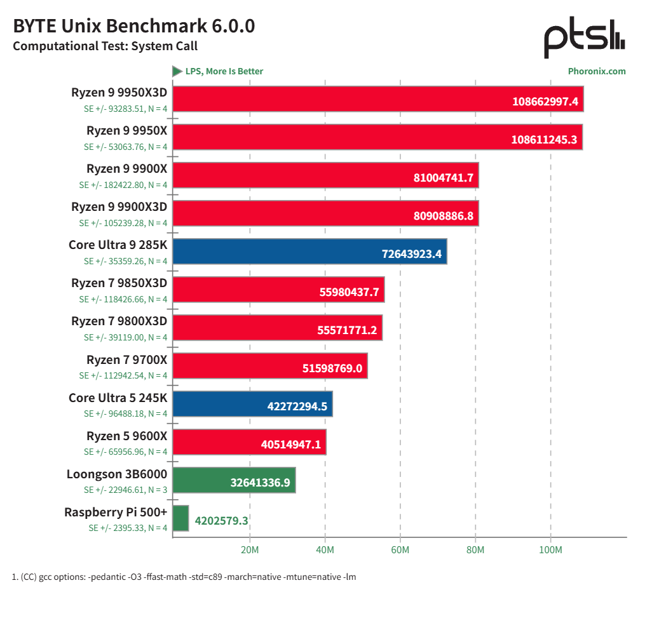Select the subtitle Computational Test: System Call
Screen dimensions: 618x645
[x=105, y=46]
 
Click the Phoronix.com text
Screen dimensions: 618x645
[x=596, y=71]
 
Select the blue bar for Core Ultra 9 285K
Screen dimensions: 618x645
[x=309, y=252]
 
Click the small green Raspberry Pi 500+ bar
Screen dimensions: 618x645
[x=181, y=518]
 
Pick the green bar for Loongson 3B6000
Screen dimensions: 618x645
[x=234, y=480]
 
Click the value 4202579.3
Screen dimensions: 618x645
[x=221, y=521]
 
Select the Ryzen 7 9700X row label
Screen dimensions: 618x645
[x=126, y=360]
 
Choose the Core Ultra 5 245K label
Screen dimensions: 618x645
[x=118, y=398]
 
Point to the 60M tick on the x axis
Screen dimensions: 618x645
[x=400, y=549]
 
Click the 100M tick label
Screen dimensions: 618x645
[x=550, y=549]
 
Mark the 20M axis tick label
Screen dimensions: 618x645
[x=250, y=549]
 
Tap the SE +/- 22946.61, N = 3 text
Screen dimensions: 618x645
[x=126, y=490]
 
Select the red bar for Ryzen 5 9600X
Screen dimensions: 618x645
[x=249, y=442]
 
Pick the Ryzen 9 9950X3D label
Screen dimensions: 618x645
[x=119, y=93]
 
